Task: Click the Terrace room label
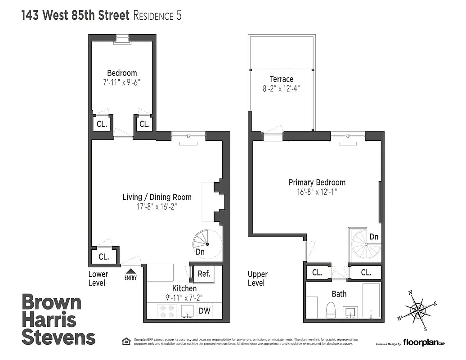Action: pos(282,79)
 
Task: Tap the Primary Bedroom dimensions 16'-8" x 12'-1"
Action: pos(317,191)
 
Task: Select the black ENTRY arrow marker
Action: pos(130,271)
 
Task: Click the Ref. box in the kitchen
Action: pos(204,273)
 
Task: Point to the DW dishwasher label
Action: pos(204,310)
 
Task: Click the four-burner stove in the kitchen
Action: pos(166,311)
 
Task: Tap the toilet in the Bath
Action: pos(331,310)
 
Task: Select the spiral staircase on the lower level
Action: pos(205,243)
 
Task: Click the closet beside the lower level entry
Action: pos(104,257)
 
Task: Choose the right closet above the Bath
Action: pos(366,272)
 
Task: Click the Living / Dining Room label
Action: pos(157,197)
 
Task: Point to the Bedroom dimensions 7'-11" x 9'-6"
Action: pos(122,82)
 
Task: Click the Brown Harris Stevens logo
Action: pos(58,319)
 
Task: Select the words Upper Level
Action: pos(258,279)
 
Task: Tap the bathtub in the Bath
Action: pos(371,300)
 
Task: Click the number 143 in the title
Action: pos(32,16)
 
